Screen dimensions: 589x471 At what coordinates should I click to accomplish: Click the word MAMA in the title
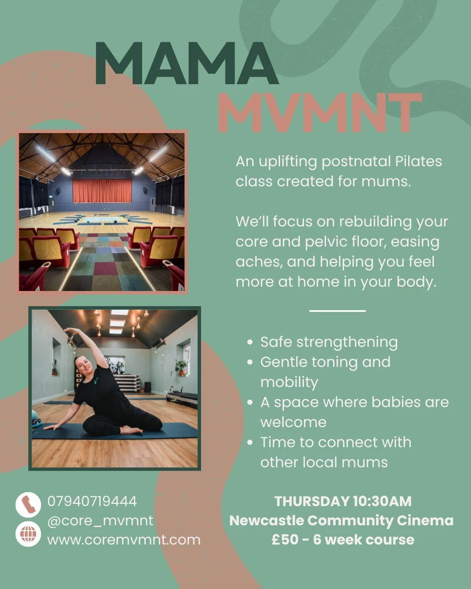point(187,64)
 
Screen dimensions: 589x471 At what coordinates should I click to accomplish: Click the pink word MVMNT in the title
point(319,113)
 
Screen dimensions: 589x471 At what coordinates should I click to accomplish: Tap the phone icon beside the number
point(28,504)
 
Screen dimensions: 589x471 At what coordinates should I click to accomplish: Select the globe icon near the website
point(28,534)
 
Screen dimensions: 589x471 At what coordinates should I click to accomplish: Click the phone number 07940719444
point(92,501)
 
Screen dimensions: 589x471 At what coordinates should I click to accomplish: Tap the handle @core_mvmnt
point(100,521)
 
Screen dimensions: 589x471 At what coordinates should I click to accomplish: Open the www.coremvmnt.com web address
point(124,540)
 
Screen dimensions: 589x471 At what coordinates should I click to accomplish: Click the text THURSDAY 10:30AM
point(343,501)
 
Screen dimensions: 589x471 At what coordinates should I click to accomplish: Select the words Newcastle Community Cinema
point(341,521)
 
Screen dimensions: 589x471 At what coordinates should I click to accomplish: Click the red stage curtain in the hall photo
point(102,191)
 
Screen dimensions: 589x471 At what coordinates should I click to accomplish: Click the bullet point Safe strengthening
point(329,342)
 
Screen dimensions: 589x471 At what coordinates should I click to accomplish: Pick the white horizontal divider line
point(337,311)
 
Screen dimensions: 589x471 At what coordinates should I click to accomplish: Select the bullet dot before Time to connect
point(250,442)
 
